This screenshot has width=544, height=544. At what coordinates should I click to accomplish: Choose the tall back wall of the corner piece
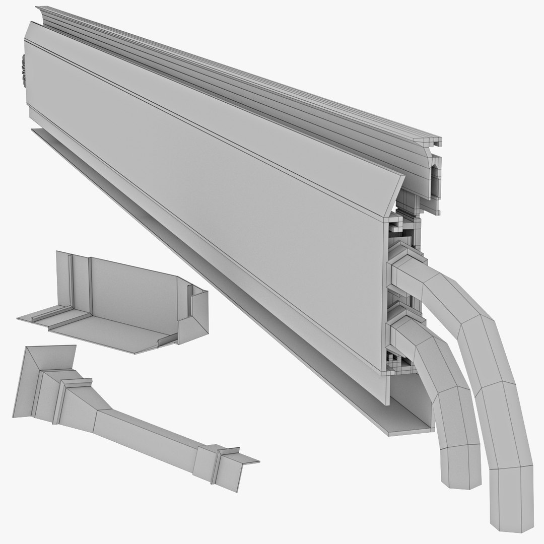[x=136, y=292]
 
